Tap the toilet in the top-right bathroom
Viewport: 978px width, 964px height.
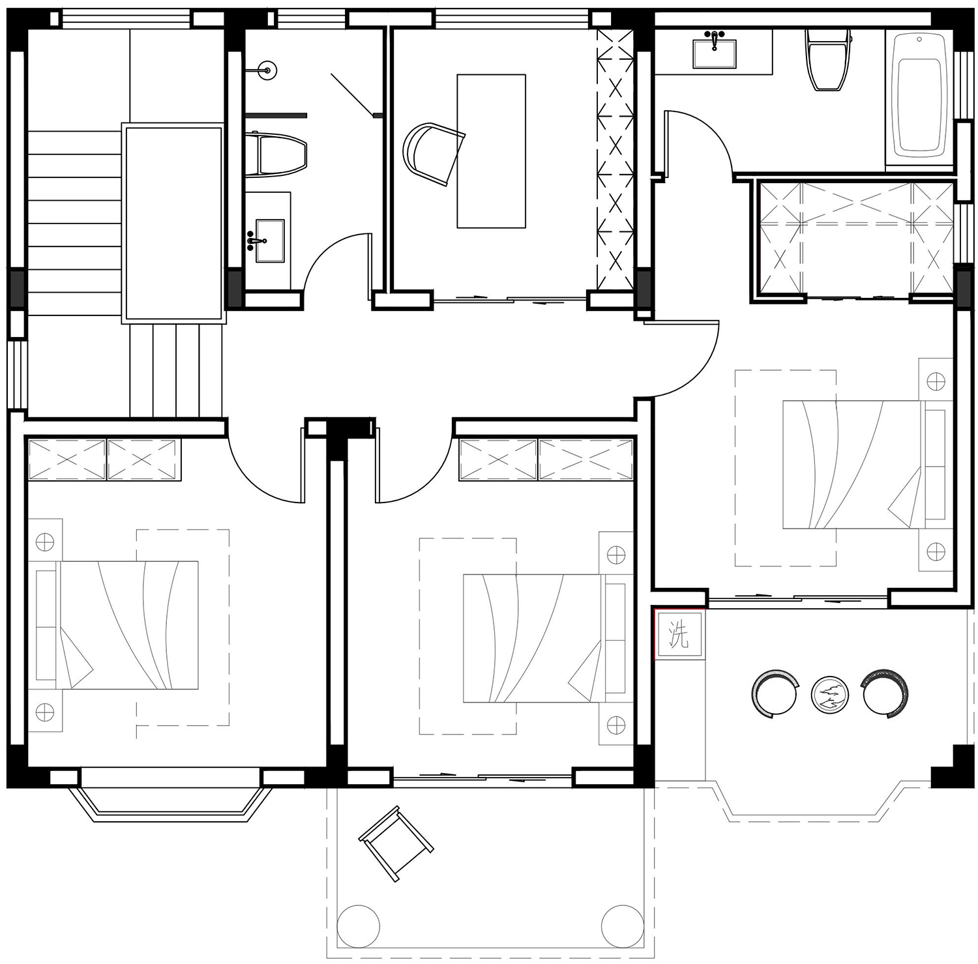coord(828,59)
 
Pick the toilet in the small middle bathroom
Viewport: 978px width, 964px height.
coord(276,154)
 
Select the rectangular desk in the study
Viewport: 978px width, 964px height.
coord(491,151)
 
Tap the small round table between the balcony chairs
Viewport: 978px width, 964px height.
coord(829,695)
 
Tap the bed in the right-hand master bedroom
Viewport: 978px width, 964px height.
coord(867,464)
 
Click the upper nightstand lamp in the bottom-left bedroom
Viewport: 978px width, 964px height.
coord(44,541)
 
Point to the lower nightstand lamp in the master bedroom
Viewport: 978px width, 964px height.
coord(936,551)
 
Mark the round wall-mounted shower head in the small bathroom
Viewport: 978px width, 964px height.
coord(266,68)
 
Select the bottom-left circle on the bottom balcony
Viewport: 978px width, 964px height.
coord(358,926)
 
